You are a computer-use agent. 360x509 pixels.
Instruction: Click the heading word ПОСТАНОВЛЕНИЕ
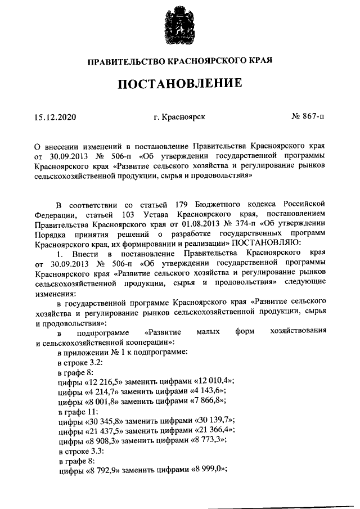[179, 84]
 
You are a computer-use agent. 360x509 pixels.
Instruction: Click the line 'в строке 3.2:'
[80, 362]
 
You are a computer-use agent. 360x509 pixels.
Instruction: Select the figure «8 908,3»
[106, 441]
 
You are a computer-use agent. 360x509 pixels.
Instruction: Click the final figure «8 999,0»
[211, 471]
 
